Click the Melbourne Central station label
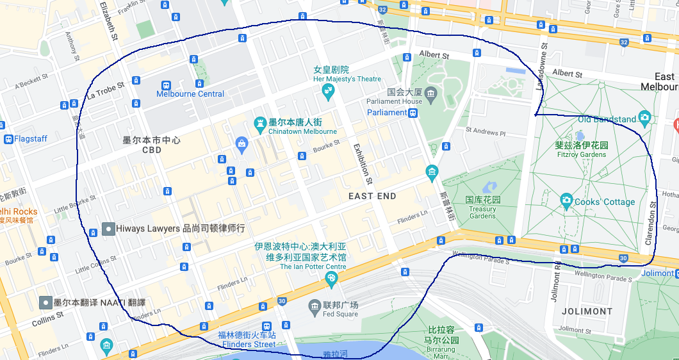[190, 94]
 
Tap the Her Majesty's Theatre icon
[329, 90]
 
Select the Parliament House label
[394, 101]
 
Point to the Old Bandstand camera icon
[644, 118]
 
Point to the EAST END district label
[372, 196]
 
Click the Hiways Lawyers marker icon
[109, 229]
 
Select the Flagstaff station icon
[8, 138]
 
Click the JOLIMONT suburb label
[587, 311]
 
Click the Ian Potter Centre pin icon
[331, 278]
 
